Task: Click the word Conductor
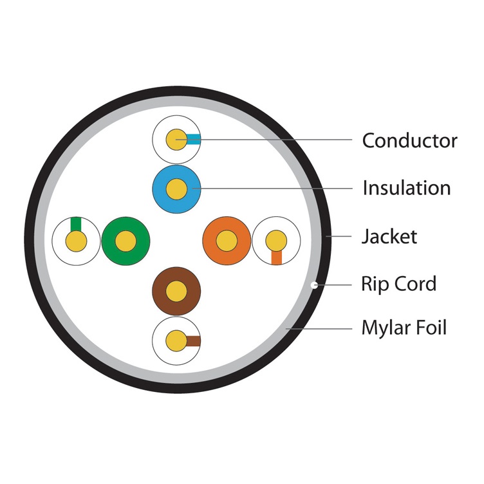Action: coord(409,140)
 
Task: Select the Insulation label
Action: coord(406,188)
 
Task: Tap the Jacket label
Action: coord(389,236)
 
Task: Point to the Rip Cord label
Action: coord(398,284)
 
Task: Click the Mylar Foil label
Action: coord(404,328)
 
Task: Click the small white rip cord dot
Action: coord(315,284)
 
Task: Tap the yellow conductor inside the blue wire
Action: coord(176,189)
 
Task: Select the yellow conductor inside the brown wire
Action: coord(176,292)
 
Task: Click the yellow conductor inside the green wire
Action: coord(126,241)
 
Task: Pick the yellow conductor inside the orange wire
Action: coord(227,241)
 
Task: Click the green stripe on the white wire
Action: coord(76,224)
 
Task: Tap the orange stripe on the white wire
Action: coord(277,257)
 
